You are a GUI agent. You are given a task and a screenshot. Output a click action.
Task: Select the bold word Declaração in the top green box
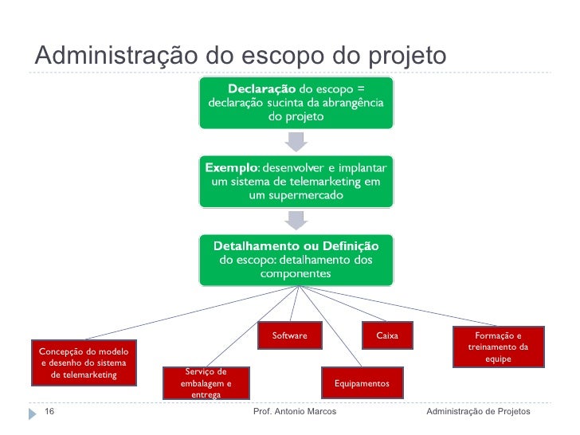click(262, 88)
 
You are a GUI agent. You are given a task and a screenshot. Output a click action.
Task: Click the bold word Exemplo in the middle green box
click(231, 168)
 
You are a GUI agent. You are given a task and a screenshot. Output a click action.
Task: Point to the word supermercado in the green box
click(296, 197)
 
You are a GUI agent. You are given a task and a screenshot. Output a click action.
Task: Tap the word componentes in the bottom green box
click(296, 273)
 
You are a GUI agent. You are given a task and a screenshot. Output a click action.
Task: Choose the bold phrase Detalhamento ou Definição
click(296, 245)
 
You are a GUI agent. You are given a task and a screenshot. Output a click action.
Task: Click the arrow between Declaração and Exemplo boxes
click(296, 141)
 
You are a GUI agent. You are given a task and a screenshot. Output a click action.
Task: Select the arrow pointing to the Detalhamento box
click(296, 219)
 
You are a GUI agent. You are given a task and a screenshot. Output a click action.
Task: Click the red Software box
click(289, 336)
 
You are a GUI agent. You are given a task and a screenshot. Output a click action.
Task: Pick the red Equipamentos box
click(362, 383)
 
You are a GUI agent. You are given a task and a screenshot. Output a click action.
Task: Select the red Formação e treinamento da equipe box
click(498, 347)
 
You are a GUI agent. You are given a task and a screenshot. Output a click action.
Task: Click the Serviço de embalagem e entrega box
click(206, 383)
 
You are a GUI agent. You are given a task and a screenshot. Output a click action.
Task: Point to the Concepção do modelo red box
click(83, 363)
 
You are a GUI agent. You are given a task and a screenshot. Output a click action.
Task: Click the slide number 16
click(49, 411)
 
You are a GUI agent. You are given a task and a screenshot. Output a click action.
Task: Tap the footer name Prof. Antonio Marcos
click(294, 411)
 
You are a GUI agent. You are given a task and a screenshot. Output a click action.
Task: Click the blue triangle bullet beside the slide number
click(33, 413)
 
